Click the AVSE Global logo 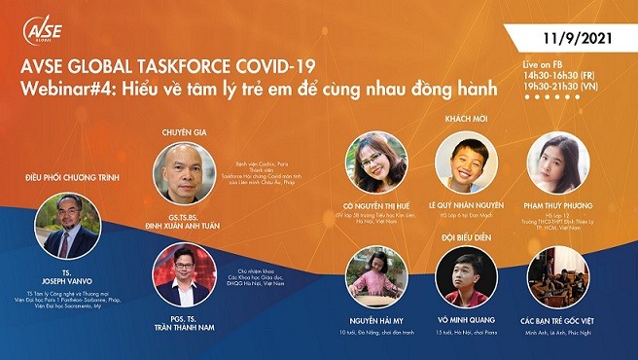tap(42, 30)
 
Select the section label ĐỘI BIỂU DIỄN tap(463, 236)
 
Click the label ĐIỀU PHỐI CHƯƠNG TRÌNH tap(66, 177)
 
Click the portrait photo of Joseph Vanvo tap(66, 226)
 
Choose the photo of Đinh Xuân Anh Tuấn tap(185, 172)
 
